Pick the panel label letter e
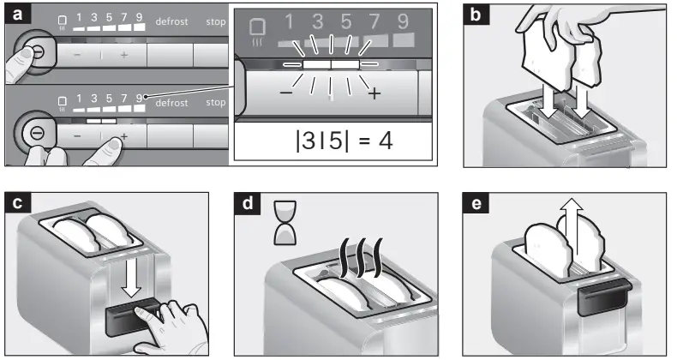tap(476, 204)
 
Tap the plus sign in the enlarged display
tap(374, 93)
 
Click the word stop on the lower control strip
tap(216, 102)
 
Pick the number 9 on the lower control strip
tap(139, 100)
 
